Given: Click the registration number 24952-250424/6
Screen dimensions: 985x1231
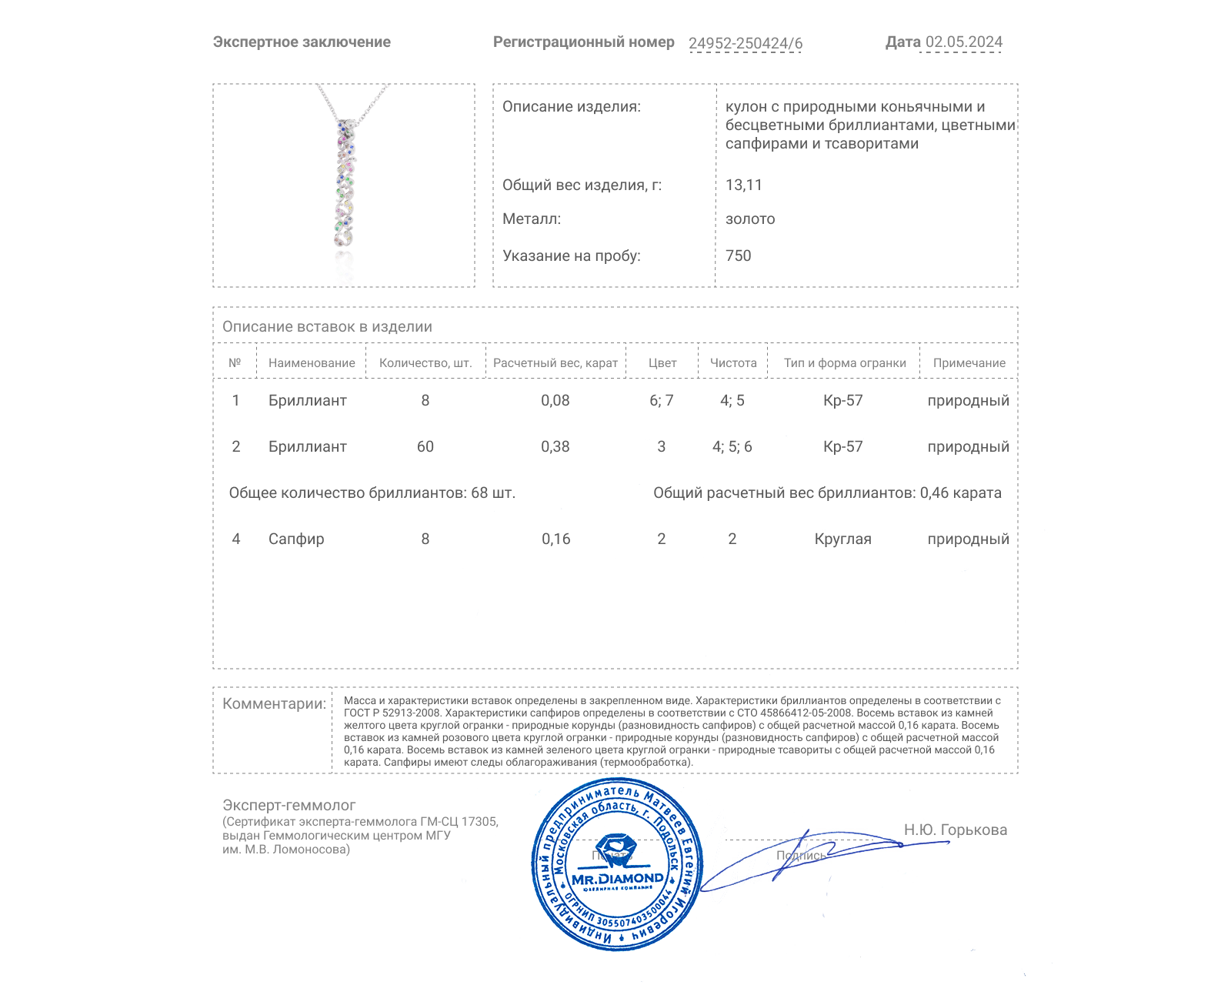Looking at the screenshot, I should pyautogui.click(x=745, y=43).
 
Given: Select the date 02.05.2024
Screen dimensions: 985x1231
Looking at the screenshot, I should pyautogui.click(x=963, y=42).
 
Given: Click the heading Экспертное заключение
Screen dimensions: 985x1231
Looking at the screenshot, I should pyautogui.click(x=302, y=42).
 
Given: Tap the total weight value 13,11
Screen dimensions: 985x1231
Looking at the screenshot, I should pyautogui.click(x=743, y=185).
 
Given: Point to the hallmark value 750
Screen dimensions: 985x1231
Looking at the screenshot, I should pyautogui.click(x=738, y=255).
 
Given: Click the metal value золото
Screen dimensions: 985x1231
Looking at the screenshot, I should pyautogui.click(x=749, y=219).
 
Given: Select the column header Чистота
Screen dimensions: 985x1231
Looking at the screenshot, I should pyautogui.click(x=732, y=362).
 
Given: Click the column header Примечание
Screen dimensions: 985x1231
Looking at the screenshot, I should pyautogui.click(x=969, y=362).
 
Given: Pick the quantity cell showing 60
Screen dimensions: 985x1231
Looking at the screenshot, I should pyautogui.click(x=425, y=446).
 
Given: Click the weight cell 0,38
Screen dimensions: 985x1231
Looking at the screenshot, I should pyautogui.click(x=555, y=446).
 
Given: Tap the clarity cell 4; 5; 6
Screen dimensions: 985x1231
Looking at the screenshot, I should pyautogui.click(x=732, y=446).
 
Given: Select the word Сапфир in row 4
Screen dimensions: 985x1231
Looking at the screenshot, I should pyautogui.click(x=296, y=539).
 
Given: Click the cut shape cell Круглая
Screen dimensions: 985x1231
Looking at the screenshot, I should pyautogui.click(x=842, y=539).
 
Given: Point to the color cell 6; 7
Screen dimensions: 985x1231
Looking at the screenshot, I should pyautogui.click(x=661, y=400).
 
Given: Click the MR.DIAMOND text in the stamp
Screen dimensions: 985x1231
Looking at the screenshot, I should pyautogui.click(x=617, y=878).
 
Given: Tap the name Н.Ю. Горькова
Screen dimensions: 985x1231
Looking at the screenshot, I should pyautogui.click(x=955, y=830).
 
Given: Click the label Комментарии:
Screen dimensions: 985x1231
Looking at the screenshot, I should pyautogui.click(x=274, y=703).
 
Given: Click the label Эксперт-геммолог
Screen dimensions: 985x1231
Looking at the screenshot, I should pyautogui.click(x=289, y=805).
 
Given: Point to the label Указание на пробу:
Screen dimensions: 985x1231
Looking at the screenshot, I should pyautogui.click(x=571, y=255).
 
